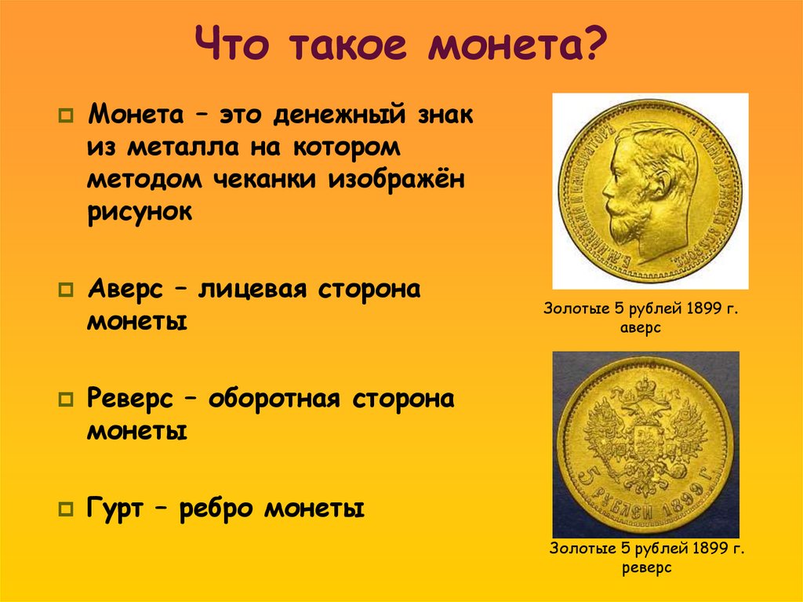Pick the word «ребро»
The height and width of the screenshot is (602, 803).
[x=217, y=509]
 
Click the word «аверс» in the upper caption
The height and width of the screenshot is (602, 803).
[x=642, y=328]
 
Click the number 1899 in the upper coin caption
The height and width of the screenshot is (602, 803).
[x=703, y=309]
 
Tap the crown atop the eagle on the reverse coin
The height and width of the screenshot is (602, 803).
[x=645, y=386]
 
